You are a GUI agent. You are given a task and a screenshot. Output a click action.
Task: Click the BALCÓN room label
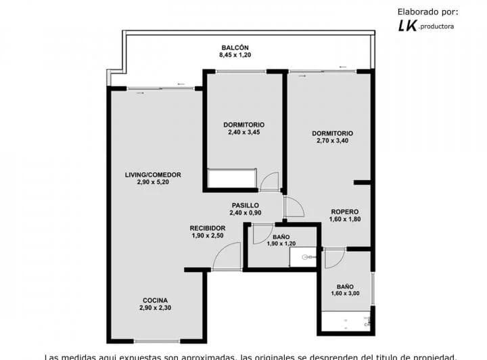[235, 46]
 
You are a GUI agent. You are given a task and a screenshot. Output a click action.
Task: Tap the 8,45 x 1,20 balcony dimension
[235, 55]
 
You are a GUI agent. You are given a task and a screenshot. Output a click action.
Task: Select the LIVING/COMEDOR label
[153, 175]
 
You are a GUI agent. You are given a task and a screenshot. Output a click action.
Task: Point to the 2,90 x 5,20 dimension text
[153, 183]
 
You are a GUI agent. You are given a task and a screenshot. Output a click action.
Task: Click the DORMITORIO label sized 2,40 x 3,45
[243, 125]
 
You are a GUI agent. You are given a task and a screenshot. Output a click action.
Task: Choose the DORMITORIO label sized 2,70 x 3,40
[332, 133]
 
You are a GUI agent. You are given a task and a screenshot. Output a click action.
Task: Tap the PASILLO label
[244, 205]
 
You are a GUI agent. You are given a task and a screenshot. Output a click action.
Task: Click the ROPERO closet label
[344, 211]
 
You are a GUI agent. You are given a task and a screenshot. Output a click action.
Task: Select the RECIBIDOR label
[207, 228]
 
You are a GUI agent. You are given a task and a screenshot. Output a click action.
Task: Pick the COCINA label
[155, 300]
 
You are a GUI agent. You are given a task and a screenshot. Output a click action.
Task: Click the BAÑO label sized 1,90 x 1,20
[281, 236]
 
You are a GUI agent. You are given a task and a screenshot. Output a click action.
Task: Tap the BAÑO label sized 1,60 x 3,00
[345, 286]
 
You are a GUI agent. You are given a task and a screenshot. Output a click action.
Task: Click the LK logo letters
[407, 25]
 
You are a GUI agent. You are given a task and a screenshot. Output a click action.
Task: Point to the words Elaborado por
[427, 11]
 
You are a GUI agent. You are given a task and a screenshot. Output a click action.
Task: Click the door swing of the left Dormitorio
[270, 181]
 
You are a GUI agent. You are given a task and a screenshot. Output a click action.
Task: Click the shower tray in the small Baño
[303, 257]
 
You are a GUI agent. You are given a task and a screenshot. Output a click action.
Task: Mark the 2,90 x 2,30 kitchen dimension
[155, 309]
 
